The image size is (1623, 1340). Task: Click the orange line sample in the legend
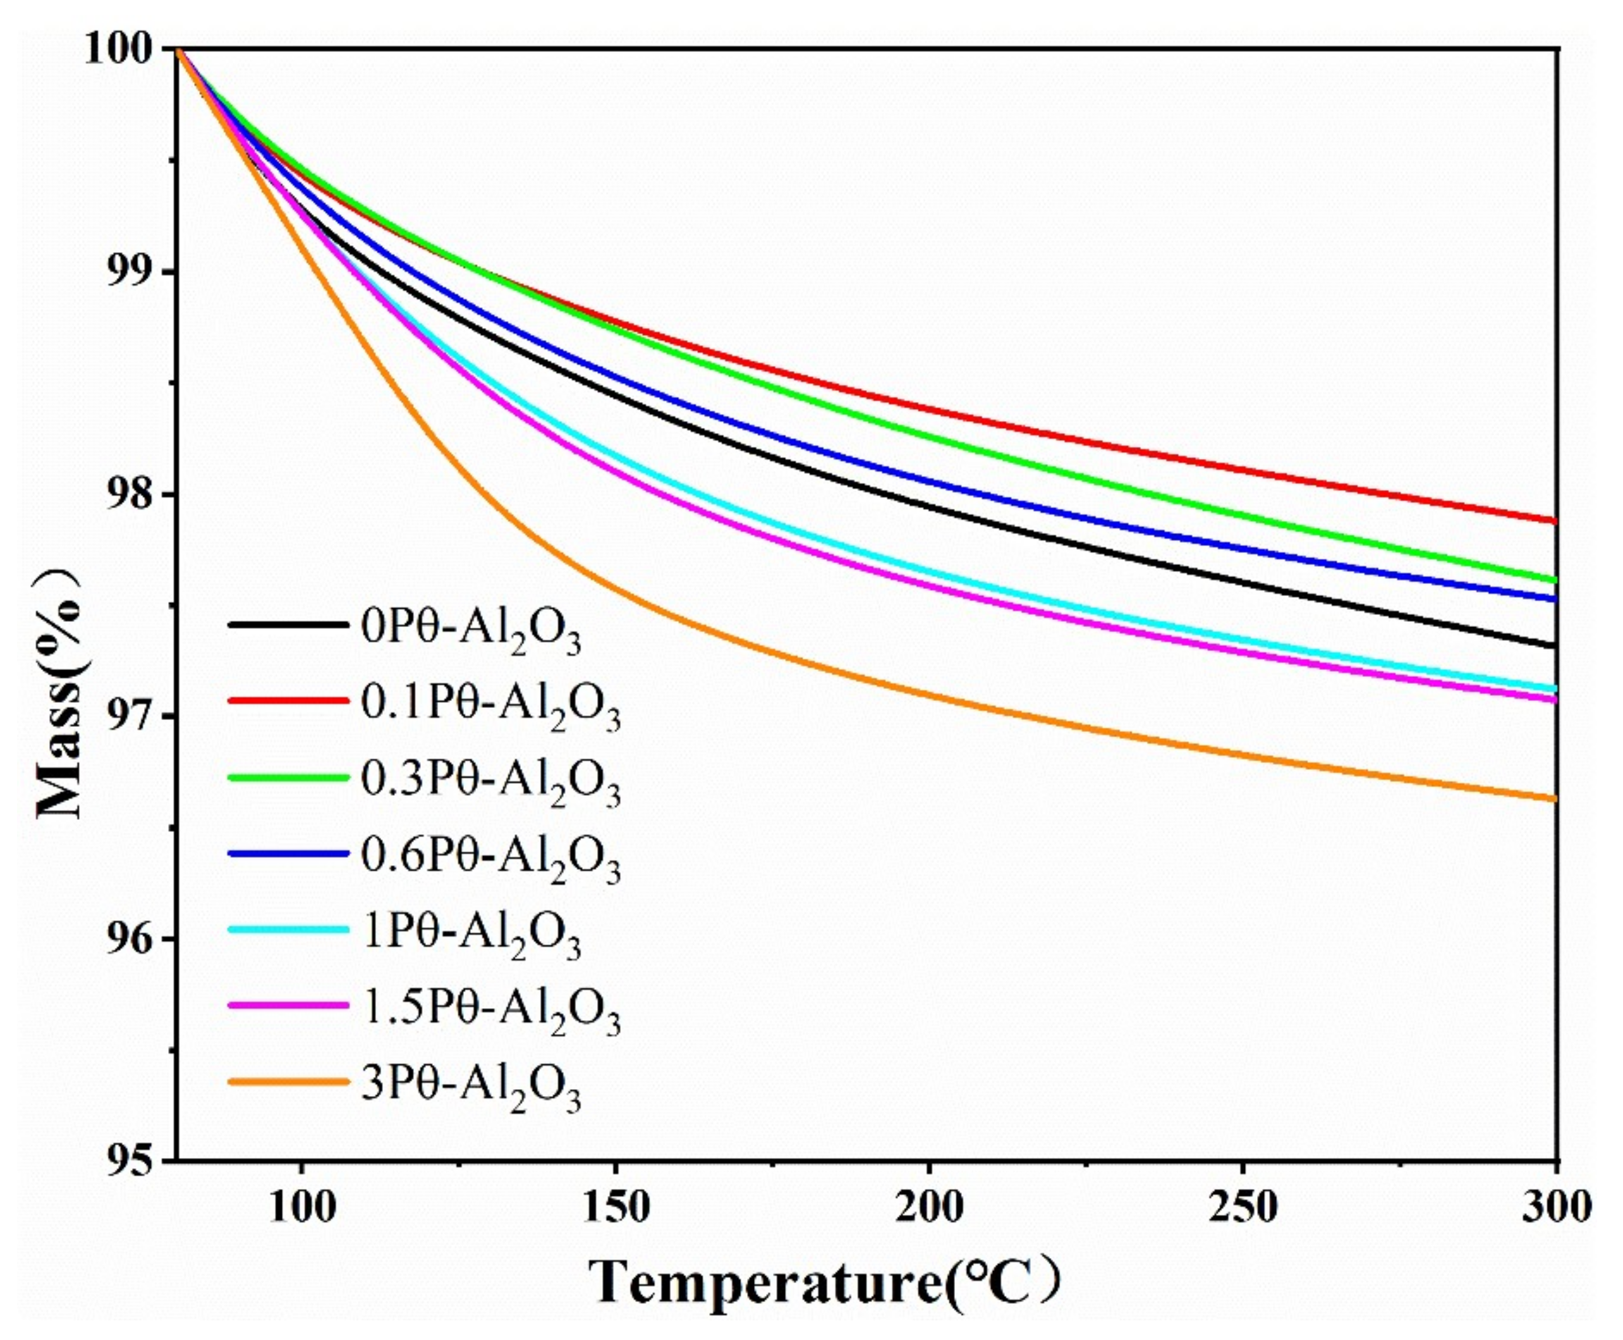287,1081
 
